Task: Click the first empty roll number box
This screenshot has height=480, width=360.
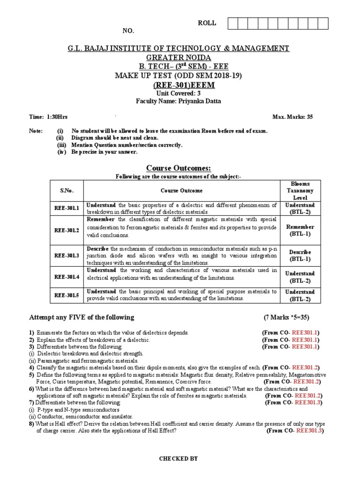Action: (x=232, y=24)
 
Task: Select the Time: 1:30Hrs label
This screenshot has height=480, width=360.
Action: (x=44, y=117)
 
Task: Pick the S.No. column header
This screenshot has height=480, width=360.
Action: (x=66, y=191)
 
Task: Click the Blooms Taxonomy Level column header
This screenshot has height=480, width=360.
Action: (x=300, y=191)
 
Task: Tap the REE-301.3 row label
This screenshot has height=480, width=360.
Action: (x=66, y=255)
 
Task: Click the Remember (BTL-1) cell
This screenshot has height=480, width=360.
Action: (x=300, y=230)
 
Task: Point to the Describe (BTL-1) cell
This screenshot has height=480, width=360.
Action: (x=300, y=255)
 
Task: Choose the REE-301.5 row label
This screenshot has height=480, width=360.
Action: (x=66, y=295)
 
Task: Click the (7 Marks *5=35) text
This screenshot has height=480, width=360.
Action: (x=286, y=317)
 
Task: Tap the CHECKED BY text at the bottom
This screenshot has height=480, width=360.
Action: (x=179, y=458)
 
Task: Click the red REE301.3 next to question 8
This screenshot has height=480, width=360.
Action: (x=308, y=430)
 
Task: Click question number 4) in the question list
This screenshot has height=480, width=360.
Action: (x=31, y=367)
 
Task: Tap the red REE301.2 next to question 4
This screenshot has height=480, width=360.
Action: (x=306, y=367)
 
